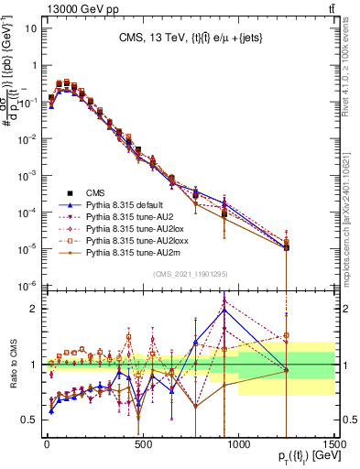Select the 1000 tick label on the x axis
click(238, 446)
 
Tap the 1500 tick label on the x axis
click(333, 446)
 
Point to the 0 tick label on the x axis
click(47, 446)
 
